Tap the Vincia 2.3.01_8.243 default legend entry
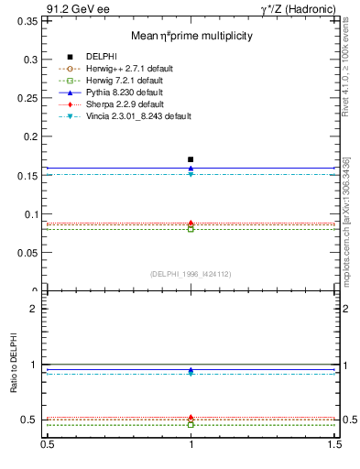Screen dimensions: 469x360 137,116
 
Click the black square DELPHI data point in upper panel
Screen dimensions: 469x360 191,159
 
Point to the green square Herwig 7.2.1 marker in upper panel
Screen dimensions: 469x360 191,229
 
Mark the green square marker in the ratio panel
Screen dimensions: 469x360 191,425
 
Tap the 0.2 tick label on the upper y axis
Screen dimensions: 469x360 35,136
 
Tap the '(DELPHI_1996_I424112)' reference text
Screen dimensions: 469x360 191,273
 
